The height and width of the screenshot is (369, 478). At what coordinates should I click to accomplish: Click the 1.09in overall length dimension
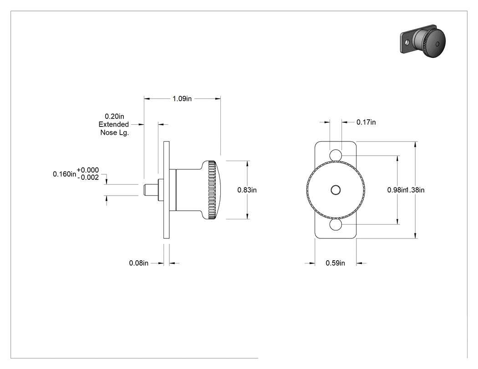click(182, 99)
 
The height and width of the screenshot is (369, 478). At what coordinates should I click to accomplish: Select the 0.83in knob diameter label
click(247, 190)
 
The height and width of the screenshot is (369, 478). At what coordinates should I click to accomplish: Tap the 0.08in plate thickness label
click(139, 263)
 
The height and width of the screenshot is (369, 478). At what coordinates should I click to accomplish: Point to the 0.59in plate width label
click(336, 263)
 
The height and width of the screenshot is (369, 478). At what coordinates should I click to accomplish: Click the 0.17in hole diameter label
click(366, 122)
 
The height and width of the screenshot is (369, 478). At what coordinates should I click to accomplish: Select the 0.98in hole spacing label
click(397, 190)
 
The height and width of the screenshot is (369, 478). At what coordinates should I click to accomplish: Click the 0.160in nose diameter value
click(64, 174)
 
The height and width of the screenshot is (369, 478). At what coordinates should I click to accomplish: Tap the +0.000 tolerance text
click(88, 170)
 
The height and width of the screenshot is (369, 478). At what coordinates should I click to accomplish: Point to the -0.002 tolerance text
click(88, 177)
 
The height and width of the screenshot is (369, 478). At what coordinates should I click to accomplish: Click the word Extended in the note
click(114, 124)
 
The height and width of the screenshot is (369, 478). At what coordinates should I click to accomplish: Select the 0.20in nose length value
click(114, 116)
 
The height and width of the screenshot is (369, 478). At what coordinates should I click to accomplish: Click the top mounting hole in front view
click(336, 155)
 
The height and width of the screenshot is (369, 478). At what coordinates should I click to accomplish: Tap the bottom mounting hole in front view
click(336, 225)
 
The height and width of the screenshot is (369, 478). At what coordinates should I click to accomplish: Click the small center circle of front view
click(336, 190)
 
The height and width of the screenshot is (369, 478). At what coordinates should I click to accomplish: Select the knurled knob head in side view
click(212, 190)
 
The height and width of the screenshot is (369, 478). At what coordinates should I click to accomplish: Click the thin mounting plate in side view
click(167, 190)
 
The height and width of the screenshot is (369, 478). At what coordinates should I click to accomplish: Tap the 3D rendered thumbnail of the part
click(423, 41)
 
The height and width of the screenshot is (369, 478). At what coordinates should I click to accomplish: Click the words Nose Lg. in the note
click(115, 133)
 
